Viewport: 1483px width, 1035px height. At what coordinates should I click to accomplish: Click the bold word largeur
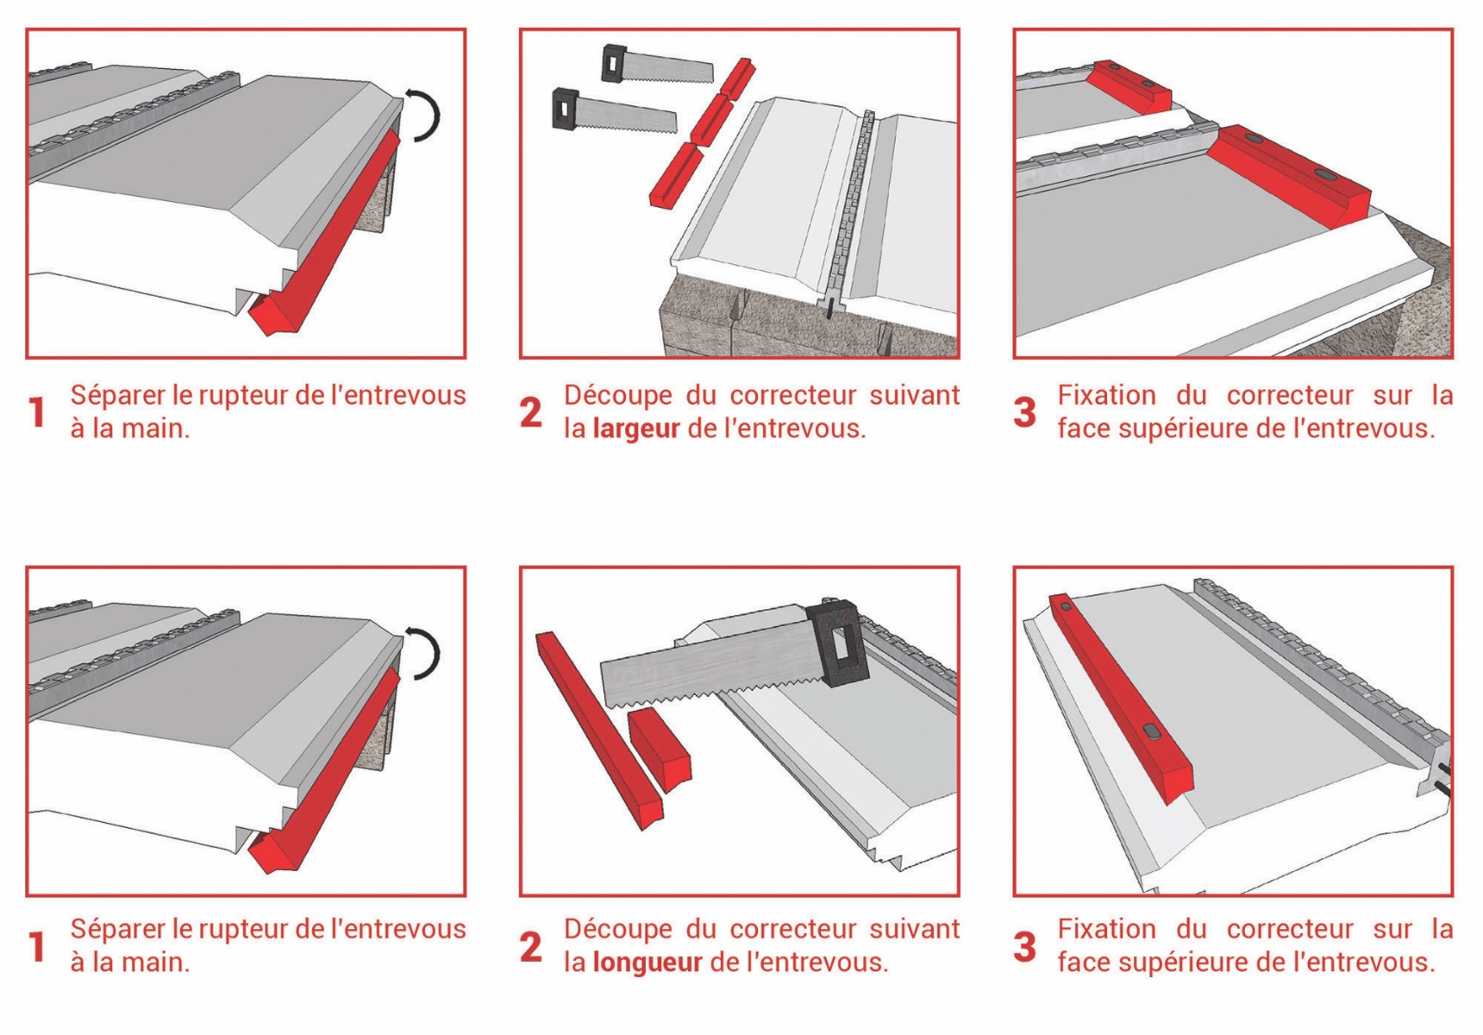[636, 430]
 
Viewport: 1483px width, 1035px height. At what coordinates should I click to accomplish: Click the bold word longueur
[648, 963]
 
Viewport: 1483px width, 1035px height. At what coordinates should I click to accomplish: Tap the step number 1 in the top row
[36, 412]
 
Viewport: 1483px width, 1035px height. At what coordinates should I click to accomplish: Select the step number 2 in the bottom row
[531, 947]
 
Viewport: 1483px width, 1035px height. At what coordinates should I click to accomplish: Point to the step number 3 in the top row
[1024, 412]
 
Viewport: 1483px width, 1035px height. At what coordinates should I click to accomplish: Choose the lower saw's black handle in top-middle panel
[565, 108]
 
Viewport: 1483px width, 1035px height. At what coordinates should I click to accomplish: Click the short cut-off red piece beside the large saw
[660, 749]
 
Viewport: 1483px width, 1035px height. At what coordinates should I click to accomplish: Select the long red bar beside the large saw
[599, 731]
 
